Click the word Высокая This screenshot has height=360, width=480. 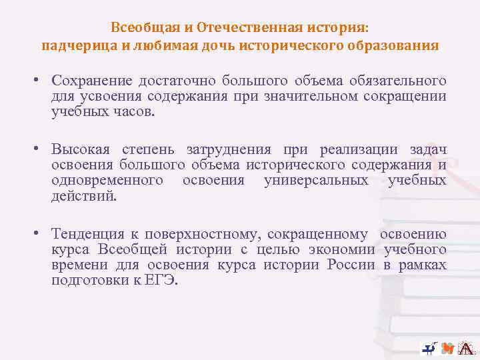pos(81,150)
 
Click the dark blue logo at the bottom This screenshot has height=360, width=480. pos(429,347)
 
